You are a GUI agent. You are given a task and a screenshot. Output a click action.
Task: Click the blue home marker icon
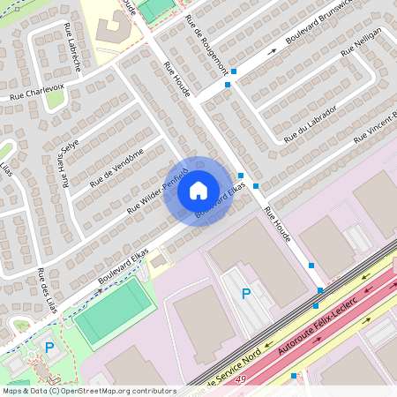198,191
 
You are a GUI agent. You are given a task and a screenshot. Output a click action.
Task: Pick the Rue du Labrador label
311,124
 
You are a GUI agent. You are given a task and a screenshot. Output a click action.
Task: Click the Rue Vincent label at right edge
376,128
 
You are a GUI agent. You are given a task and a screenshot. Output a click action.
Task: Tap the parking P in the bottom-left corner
49,348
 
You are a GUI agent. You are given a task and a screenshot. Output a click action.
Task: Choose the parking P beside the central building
246,294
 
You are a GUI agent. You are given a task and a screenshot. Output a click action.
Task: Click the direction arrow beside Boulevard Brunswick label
273,51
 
